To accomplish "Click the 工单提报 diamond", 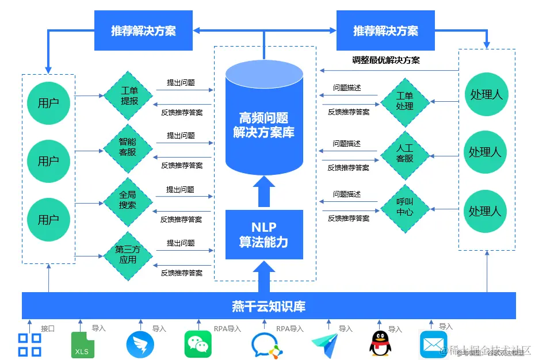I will point(128,96).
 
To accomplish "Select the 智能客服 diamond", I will point(128,148).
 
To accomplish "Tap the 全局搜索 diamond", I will point(128,201).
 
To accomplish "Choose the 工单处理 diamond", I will point(405,102).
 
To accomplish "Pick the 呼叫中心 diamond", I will point(405,208).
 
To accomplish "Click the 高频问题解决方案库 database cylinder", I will point(264,118).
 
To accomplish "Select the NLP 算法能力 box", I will point(264,235).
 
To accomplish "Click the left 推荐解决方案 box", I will point(143,31).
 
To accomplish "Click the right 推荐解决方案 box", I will point(385,31).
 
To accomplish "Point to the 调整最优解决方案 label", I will point(386,60).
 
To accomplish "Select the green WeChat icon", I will point(197,344).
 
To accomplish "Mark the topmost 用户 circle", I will point(48,104).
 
